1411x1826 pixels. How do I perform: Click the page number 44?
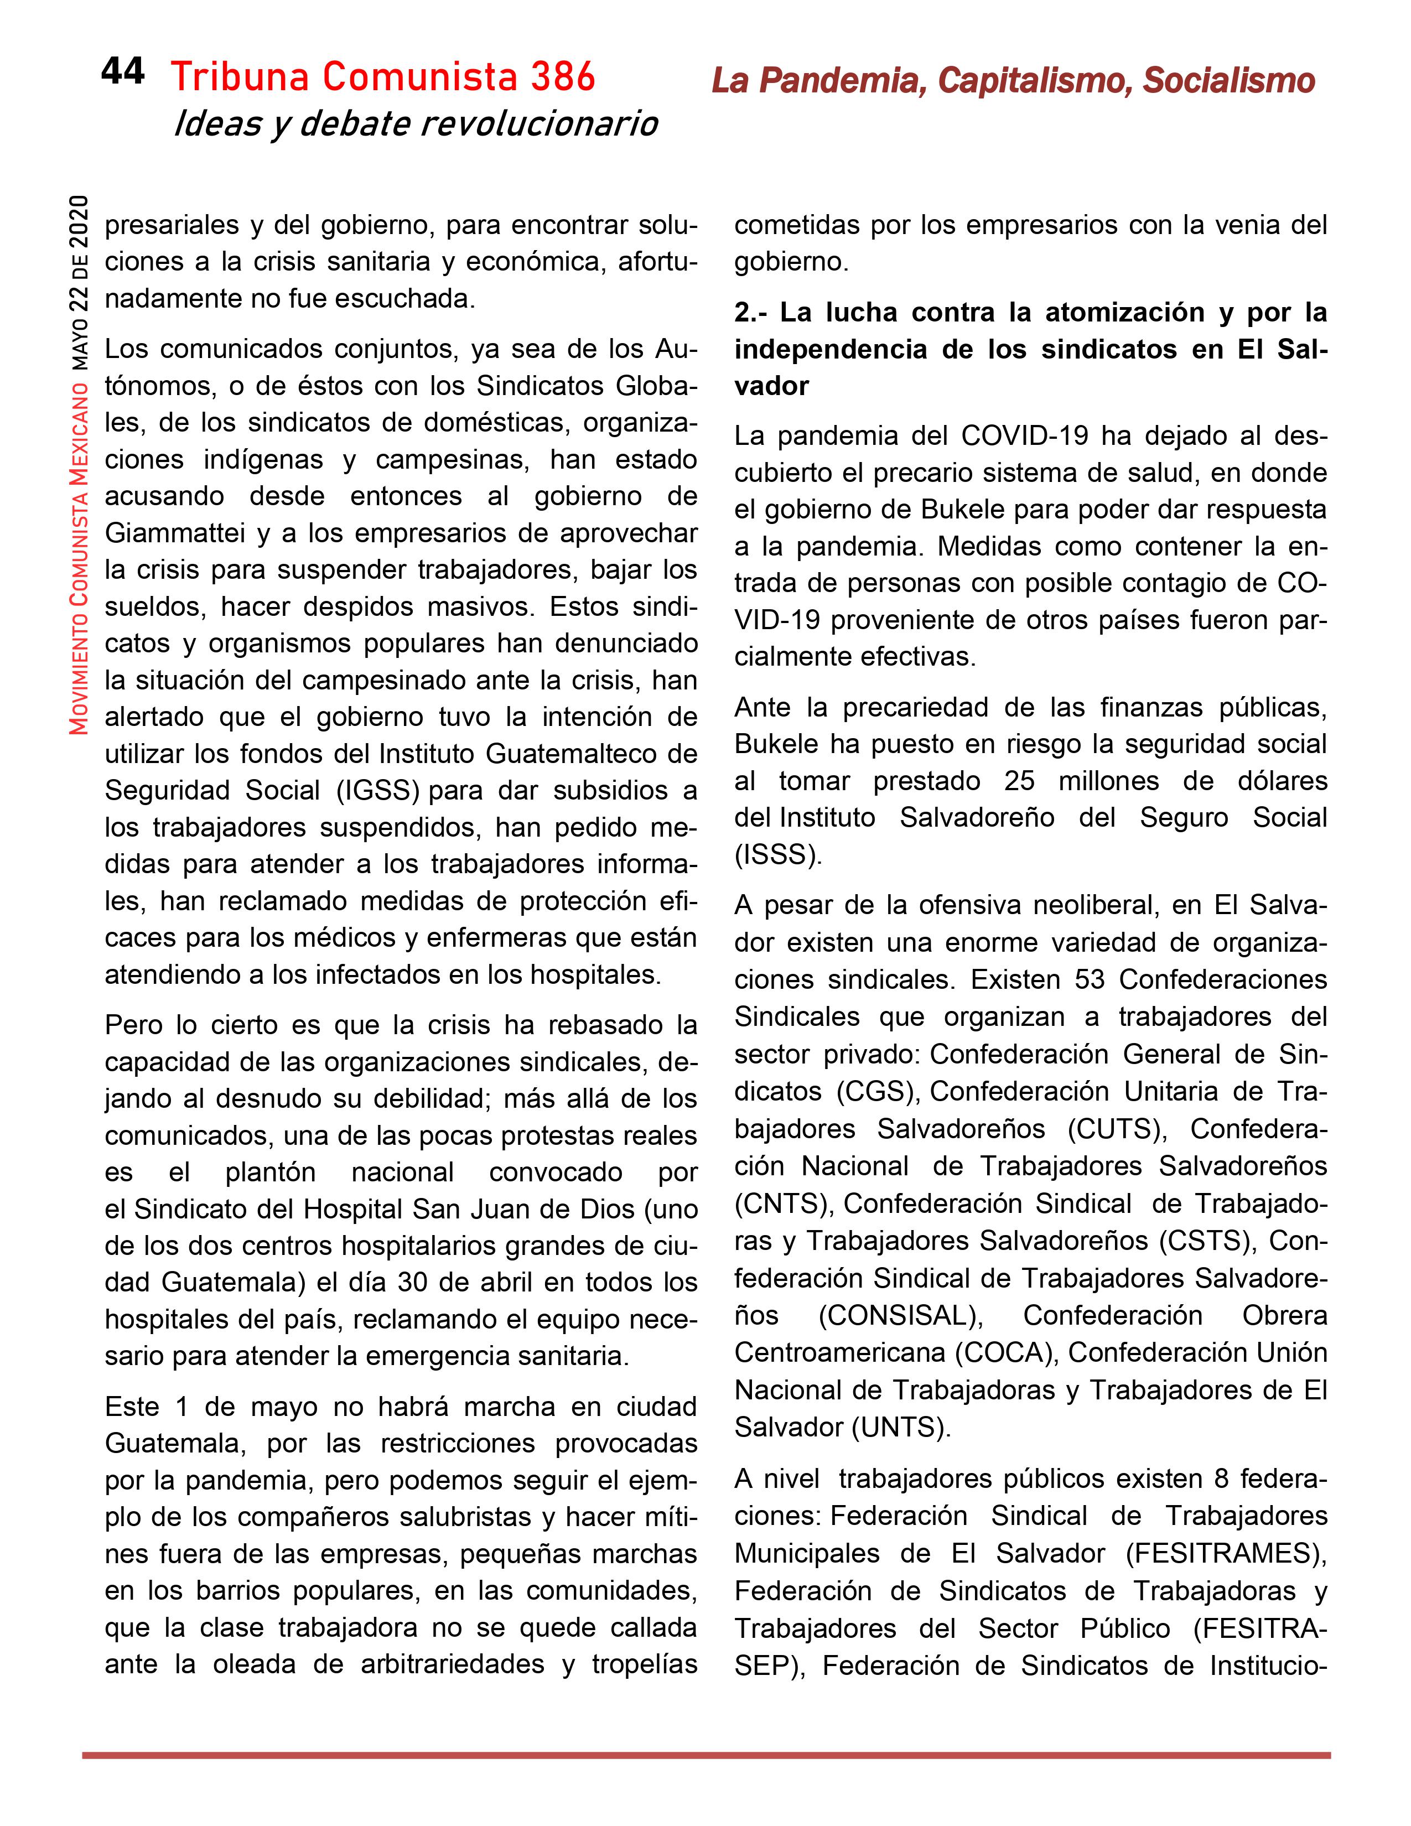click(122, 72)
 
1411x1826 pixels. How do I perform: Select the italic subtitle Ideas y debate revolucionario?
click(416, 124)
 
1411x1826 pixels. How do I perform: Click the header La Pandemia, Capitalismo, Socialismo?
click(1013, 81)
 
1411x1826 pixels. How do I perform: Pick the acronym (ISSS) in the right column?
click(777, 854)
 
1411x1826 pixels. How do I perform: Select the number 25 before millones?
click(1019, 781)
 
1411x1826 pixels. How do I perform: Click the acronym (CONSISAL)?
click(899, 1315)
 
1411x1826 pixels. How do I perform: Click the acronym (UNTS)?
click(901, 1427)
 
